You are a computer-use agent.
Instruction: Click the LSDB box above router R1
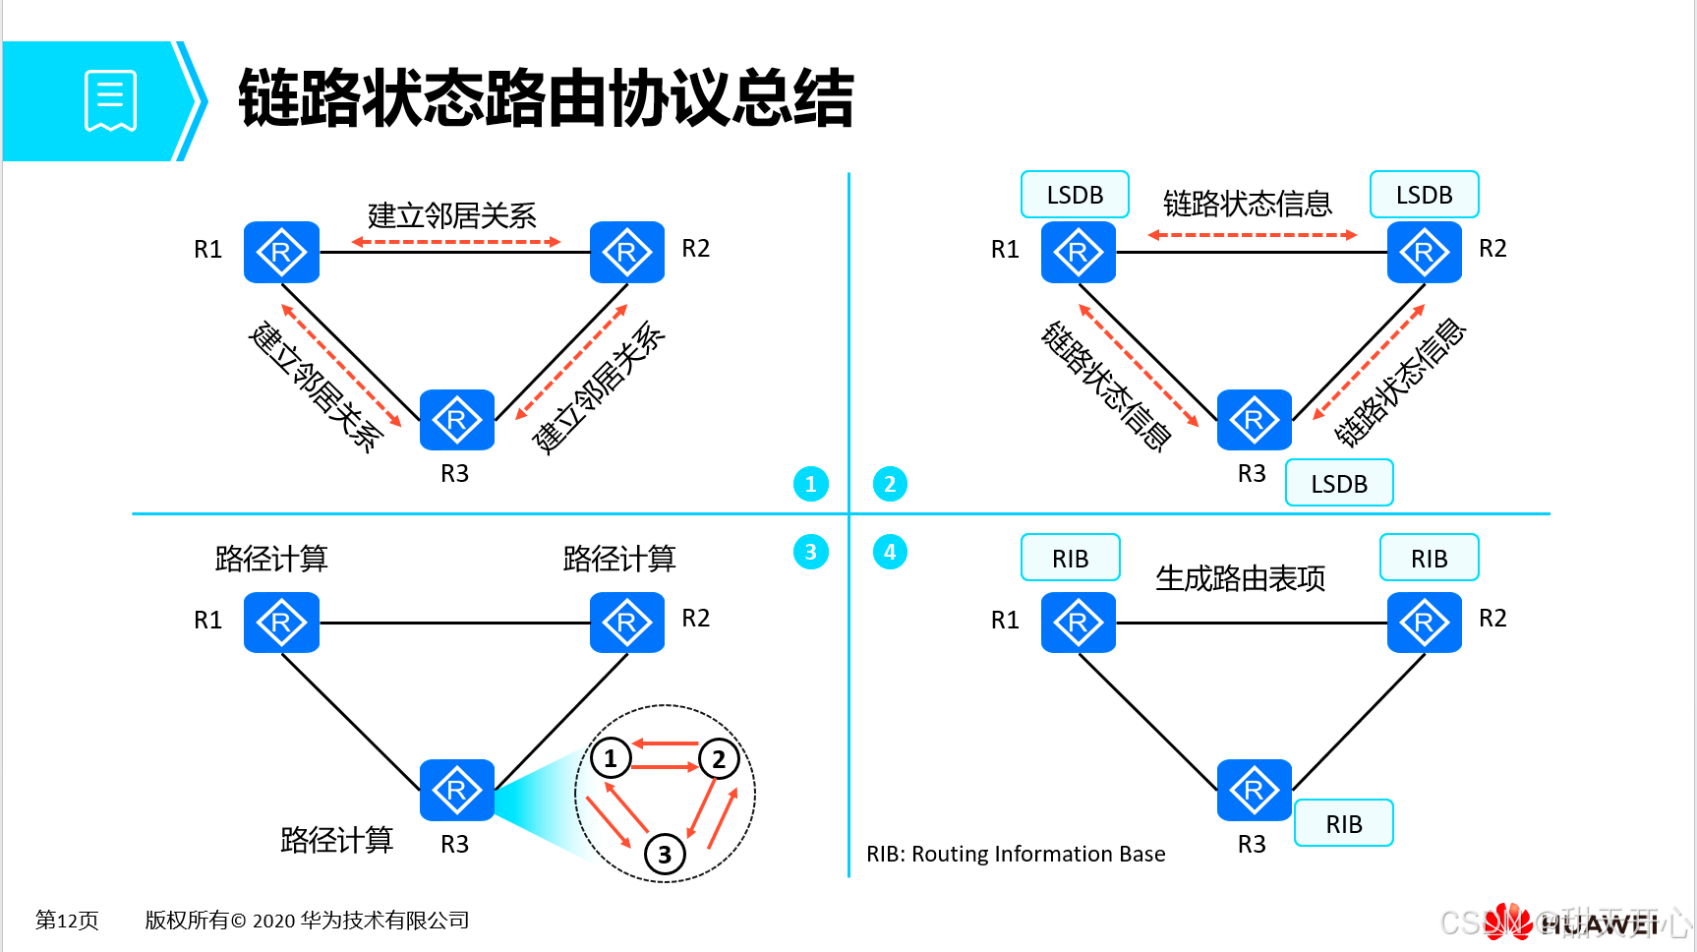1075,195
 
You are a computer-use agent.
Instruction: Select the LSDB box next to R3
1339,483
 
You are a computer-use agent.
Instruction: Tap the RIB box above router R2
1429,559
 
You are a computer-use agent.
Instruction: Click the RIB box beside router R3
1343,823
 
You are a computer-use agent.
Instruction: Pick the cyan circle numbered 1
811,484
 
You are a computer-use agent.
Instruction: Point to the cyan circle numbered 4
890,552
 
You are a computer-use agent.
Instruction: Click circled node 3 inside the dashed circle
665,854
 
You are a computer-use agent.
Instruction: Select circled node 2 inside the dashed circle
719,758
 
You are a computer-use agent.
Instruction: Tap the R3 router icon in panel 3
456,790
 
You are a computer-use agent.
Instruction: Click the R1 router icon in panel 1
281,253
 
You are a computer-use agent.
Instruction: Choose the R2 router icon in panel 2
1424,253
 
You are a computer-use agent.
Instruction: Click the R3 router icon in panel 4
1254,790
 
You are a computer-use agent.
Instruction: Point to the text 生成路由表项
1240,578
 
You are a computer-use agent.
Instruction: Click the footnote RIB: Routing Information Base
1016,854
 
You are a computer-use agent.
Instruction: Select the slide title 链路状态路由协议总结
546,98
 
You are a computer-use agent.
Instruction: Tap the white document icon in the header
110,100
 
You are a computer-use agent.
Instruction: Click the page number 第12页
67,921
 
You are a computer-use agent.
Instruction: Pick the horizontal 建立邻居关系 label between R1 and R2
452,215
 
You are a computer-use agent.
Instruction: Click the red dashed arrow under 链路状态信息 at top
1252,235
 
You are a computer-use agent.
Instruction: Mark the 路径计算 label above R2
619,559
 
